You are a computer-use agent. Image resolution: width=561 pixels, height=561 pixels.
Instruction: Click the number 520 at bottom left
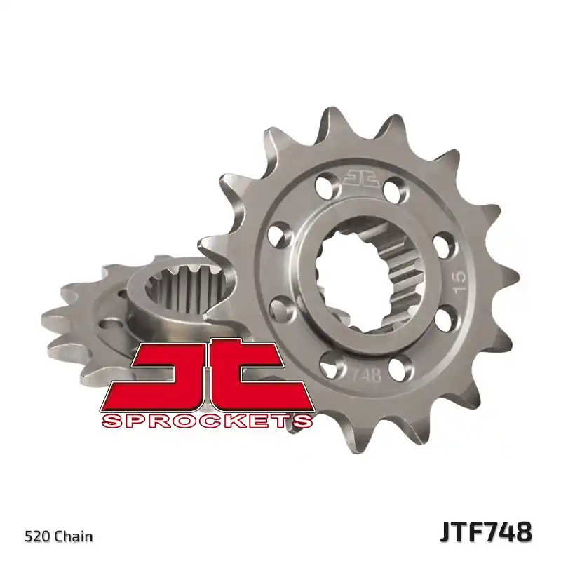point(36,537)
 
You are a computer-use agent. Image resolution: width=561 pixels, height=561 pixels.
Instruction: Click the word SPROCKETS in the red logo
point(207,421)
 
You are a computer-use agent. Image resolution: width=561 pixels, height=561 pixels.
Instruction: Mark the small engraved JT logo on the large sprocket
point(361,177)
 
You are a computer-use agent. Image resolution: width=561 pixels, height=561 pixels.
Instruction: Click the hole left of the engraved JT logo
point(325,186)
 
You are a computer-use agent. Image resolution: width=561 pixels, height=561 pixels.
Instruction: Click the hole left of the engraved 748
point(328,365)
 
